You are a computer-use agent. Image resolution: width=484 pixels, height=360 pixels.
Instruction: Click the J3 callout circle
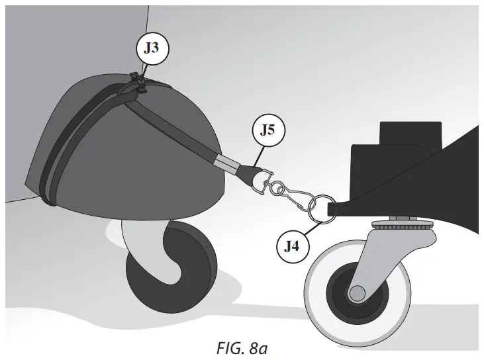pos(152,48)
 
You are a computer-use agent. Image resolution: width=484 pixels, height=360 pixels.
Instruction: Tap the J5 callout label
pos(267,130)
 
